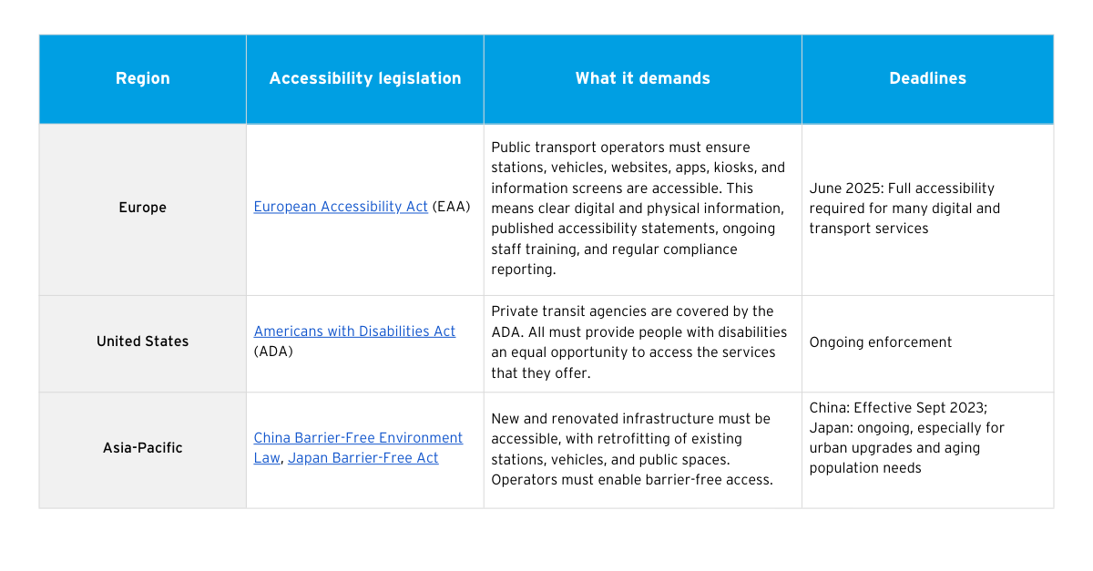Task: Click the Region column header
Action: tap(142, 78)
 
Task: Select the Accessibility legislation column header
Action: tap(365, 78)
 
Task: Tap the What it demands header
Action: tap(643, 78)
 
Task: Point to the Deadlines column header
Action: tap(927, 78)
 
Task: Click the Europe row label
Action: tap(142, 208)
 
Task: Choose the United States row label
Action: tap(142, 342)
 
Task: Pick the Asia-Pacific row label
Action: tap(142, 447)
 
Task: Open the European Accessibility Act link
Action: tap(341, 207)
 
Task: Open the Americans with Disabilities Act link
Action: tap(354, 331)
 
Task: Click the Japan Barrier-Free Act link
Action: tap(363, 458)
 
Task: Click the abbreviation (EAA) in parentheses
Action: tap(452, 207)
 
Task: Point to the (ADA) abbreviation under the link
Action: tap(273, 352)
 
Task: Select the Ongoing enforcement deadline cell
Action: tap(880, 342)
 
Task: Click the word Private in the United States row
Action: tap(515, 311)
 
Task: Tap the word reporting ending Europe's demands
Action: tap(523, 270)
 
